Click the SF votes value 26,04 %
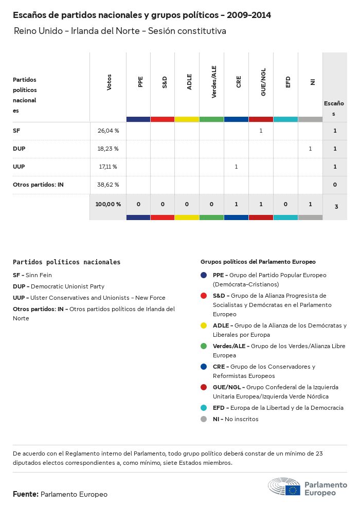(x=108, y=131)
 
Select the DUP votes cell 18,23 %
(x=108, y=149)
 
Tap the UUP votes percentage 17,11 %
(x=108, y=167)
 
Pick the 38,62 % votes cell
(x=108, y=185)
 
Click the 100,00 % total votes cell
(x=108, y=204)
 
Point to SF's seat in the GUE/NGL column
(x=261, y=131)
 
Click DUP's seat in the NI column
(x=310, y=149)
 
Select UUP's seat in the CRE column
(x=236, y=167)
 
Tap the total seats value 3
(x=336, y=207)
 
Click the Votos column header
(x=109, y=82)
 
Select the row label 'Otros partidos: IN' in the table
(x=38, y=185)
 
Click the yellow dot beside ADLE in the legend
(x=204, y=325)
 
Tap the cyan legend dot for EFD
(x=204, y=408)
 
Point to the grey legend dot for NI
(x=204, y=419)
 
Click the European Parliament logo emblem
(x=284, y=487)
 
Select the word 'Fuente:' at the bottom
(x=26, y=494)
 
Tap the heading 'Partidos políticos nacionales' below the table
(x=66, y=262)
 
